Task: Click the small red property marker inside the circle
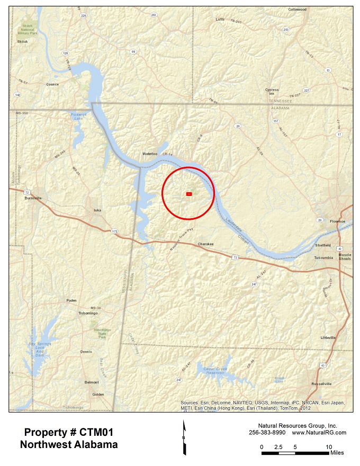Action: coord(188,194)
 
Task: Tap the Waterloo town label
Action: coord(150,154)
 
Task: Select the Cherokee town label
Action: coord(205,244)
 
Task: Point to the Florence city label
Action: coord(337,221)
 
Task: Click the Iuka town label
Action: coord(97,210)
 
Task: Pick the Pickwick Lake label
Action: coord(77,116)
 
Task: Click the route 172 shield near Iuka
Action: coord(114,231)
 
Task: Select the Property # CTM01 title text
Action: coord(69,433)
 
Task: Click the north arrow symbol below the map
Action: coord(184,437)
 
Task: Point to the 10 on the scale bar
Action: coord(329,447)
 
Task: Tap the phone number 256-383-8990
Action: coord(267,433)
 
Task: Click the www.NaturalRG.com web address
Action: coord(319,433)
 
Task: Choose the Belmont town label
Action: coord(92,382)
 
